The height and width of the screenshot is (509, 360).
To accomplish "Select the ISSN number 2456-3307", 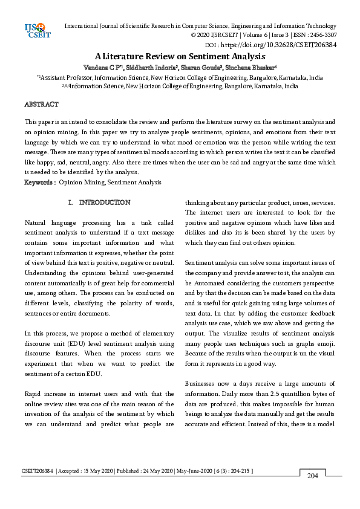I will (321, 35).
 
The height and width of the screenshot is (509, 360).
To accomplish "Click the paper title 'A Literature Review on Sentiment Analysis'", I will (180, 56).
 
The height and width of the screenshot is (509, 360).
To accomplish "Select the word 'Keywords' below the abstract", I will (39, 181).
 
